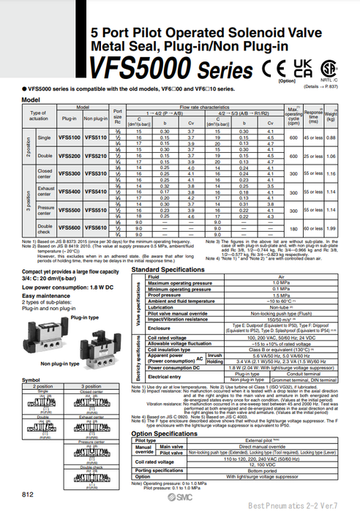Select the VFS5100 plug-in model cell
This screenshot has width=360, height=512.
69,137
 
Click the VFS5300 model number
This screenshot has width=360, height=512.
69,174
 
